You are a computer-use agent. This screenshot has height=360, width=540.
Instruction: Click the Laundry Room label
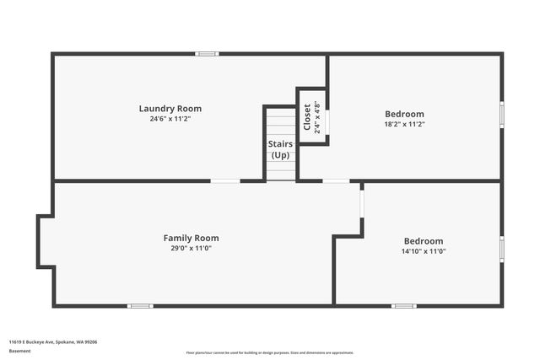(170, 108)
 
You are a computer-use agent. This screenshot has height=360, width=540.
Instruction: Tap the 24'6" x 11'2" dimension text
(170, 119)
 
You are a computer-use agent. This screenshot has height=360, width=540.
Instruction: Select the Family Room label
(191, 238)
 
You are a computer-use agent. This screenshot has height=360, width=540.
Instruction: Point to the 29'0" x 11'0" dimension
(191, 249)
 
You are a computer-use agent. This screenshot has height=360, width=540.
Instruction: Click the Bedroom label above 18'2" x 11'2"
(404, 114)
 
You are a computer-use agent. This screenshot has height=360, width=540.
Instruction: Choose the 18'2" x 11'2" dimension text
(404, 124)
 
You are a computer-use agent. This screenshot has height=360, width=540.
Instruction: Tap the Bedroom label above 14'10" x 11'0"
(423, 240)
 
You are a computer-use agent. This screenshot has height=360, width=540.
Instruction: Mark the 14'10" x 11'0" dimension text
(423, 251)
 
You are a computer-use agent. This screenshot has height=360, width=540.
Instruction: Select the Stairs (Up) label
(280, 149)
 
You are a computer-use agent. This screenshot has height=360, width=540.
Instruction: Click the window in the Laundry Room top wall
(207, 54)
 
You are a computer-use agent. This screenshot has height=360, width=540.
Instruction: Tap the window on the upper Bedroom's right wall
(501, 115)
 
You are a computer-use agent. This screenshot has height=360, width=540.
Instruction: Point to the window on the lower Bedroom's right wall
(501, 250)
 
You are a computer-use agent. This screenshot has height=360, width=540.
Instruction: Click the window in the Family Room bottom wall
(140, 305)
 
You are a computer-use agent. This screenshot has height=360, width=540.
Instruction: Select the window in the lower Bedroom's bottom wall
(403, 305)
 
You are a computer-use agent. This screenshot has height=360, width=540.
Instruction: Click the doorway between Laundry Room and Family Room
(225, 180)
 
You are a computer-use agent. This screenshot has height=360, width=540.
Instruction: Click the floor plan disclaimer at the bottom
(270, 352)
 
